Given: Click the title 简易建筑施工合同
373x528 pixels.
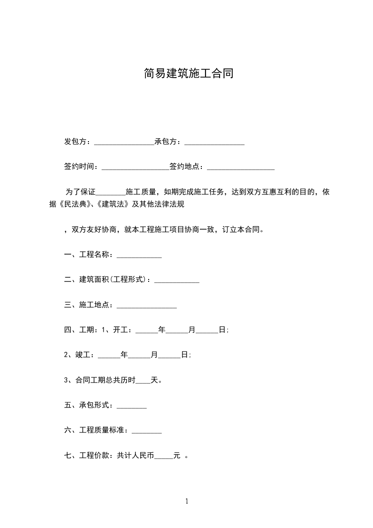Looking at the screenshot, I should coord(188,74).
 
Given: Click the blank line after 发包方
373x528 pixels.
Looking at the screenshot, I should coord(124,142).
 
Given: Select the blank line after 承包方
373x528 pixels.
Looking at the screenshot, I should coord(214,142).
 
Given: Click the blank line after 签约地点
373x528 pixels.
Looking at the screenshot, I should coord(241,167).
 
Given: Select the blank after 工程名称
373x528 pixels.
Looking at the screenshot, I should coord(139,255).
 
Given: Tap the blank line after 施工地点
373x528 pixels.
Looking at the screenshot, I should coord(147,305).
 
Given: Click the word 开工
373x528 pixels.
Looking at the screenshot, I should coord(120,330).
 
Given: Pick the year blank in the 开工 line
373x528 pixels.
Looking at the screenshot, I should coord(147,330).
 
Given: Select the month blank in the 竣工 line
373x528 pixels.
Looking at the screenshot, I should coord(139,355).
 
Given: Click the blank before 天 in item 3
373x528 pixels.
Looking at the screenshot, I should coord(143,380).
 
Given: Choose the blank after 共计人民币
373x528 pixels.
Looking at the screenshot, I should coord(164,456).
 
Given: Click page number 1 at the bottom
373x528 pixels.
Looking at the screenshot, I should coord(187,501).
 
